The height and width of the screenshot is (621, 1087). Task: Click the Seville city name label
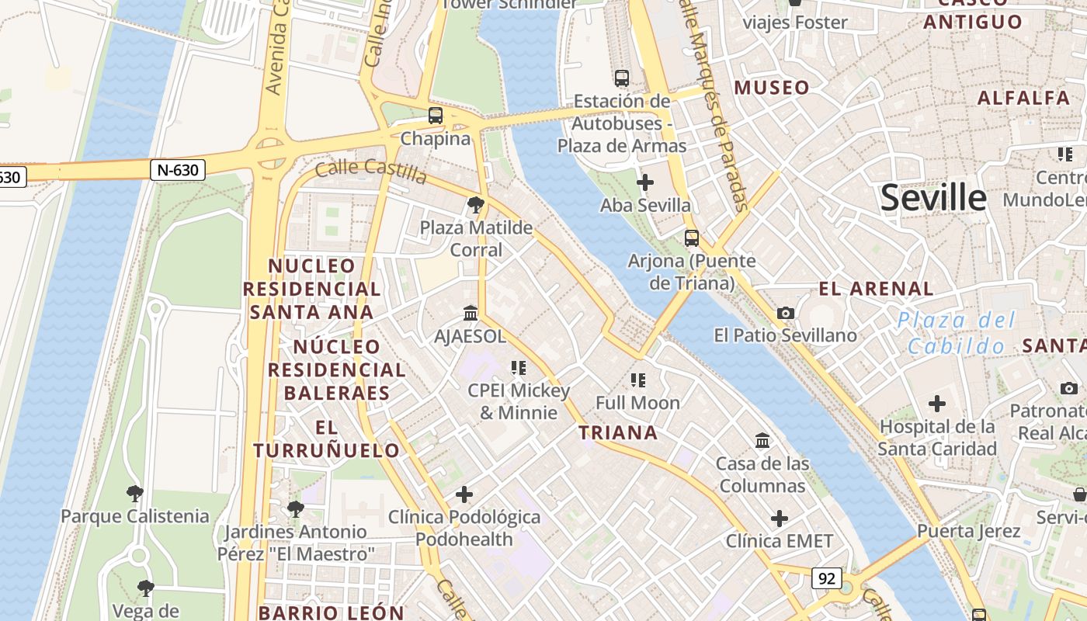(x=933, y=198)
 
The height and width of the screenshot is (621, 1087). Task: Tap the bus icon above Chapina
(x=436, y=116)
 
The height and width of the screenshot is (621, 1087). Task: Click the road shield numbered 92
(x=827, y=578)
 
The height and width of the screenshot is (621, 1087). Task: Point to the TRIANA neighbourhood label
(x=618, y=432)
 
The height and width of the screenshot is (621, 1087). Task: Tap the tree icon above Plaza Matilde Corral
(x=476, y=205)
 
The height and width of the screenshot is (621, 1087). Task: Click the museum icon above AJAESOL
(x=471, y=314)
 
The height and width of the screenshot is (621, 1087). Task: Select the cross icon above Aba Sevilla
(x=644, y=182)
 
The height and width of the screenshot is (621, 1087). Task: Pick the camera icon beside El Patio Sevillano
(x=786, y=313)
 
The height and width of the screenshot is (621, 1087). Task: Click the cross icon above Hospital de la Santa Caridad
(x=937, y=404)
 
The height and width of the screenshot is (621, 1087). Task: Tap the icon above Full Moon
(x=638, y=380)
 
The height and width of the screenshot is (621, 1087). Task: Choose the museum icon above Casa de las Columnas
(x=762, y=441)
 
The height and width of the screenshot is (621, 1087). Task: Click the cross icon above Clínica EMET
(x=780, y=519)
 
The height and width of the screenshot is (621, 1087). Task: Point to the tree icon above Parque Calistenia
(x=135, y=493)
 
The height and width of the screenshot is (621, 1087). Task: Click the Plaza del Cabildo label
(x=957, y=332)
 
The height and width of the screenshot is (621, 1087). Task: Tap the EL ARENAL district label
(x=876, y=289)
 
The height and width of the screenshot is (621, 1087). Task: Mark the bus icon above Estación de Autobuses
(x=622, y=78)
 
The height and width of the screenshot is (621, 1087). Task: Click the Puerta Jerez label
(x=968, y=532)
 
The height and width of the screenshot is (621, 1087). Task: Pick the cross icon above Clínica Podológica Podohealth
(x=464, y=494)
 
